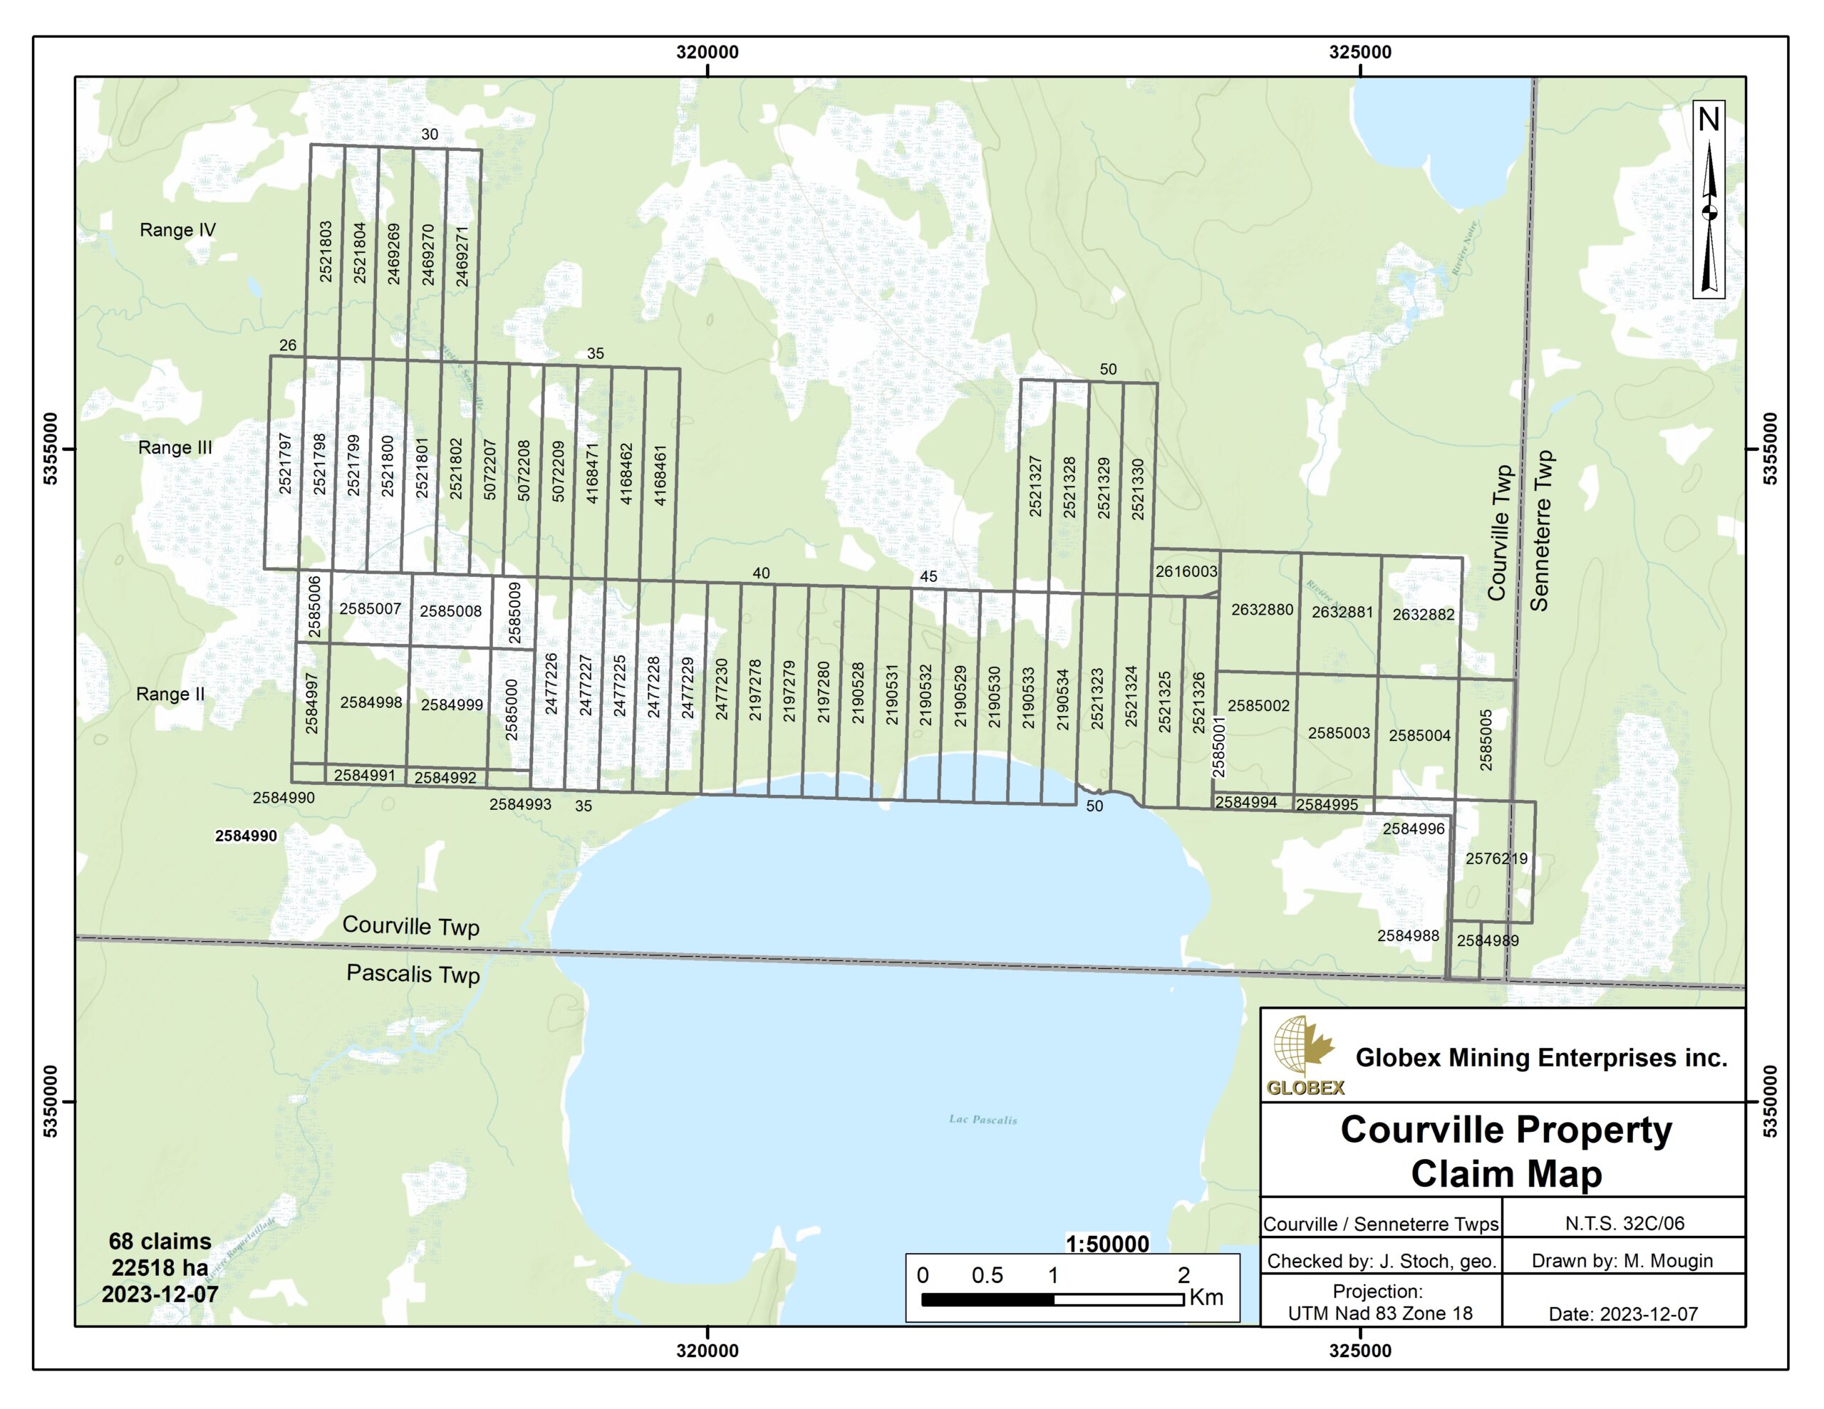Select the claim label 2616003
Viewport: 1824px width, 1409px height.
pyautogui.click(x=1186, y=571)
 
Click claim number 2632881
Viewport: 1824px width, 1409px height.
pyautogui.click(x=1342, y=612)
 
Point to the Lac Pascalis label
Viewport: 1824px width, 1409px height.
pyautogui.click(x=983, y=1119)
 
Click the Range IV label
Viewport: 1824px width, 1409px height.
pyautogui.click(x=177, y=229)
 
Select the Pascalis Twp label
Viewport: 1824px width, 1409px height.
pyautogui.click(x=413, y=974)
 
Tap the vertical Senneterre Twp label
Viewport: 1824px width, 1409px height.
pyautogui.click(x=1541, y=531)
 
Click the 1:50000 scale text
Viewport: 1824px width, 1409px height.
pyautogui.click(x=1107, y=1244)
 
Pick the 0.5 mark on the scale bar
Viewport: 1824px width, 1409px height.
pyautogui.click(x=987, y=1275)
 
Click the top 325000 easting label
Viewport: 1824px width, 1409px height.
pyautogui.click(x=1359, y=53)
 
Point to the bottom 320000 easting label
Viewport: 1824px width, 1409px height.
pyautogui.click(x=708, y=1351)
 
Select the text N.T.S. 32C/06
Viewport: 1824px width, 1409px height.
pyautogui.click(x=1624, y=1224)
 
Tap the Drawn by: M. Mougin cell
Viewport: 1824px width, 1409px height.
pyautogui.click(x=1622, y=1261)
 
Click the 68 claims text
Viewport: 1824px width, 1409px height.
pyautogui.click(x=160, y=1241)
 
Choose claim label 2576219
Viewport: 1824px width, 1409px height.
pyautogui.click(x=1497, y=858)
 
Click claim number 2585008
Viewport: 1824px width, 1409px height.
pyautogui.click(x=450, y=611)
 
